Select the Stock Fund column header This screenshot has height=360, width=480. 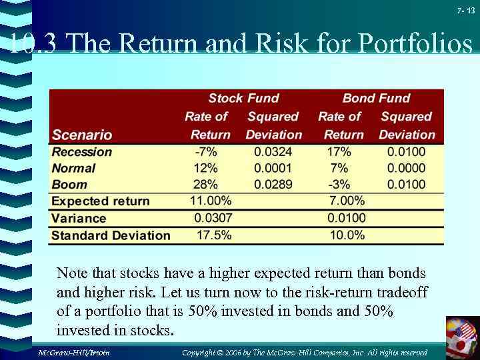tap(243, 99)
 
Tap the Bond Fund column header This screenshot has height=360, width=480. tap(376, 99)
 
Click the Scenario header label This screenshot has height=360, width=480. tap(82, 135)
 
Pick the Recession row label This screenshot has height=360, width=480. tap(82, 152)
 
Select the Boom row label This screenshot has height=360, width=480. tap(69, 185)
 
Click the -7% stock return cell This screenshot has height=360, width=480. tap(205, 152)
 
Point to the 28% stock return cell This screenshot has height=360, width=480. tap(205, 185)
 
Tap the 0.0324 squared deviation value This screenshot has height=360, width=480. tap(273, 152)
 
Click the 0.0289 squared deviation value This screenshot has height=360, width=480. tap(273, 185)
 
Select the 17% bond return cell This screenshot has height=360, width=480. tap(339, 152)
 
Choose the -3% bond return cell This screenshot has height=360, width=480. tap(339, 185)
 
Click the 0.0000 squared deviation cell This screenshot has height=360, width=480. tap(406, 168)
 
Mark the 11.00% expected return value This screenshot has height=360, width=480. tap(211, 201)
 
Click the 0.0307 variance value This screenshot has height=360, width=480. tap(212, 218)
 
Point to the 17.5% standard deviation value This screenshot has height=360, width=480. tap(214, 235)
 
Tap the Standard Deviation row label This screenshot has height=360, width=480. tap(111, 235)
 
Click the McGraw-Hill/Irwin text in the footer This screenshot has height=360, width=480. tap(73, 352)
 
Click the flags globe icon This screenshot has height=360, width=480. tap(462, 337)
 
